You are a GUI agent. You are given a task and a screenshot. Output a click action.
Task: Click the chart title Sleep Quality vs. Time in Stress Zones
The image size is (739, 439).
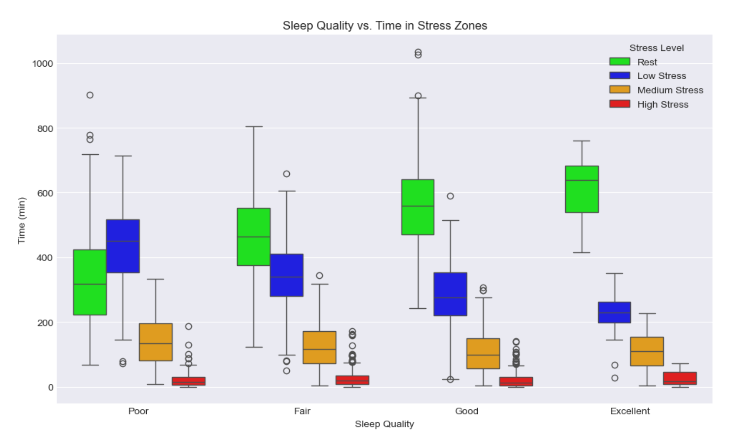[385, 26]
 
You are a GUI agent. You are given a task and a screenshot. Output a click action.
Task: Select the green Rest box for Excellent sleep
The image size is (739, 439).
[582, 189]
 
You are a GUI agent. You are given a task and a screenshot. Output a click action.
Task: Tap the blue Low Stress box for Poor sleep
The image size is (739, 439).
[123, 246]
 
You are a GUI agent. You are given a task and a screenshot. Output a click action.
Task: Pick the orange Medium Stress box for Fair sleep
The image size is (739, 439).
[319, 348]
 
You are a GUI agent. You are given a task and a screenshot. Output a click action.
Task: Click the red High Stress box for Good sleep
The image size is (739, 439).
[516, 382]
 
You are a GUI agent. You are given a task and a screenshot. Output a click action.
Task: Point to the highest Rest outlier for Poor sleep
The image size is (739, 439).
[90, 95]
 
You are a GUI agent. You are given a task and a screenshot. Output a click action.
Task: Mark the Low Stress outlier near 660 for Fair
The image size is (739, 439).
[286, 174]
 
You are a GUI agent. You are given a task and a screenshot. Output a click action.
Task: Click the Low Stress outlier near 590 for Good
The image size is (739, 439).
[450, 196]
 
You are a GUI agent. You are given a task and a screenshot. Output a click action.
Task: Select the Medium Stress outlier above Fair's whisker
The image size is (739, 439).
[319, 275]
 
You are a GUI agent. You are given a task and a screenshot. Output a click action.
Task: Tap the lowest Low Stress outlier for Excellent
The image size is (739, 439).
[614, 378]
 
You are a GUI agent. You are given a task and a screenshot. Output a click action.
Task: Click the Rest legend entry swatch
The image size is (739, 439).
[620, 61]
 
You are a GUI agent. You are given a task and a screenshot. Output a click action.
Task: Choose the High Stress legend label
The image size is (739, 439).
[663, 105]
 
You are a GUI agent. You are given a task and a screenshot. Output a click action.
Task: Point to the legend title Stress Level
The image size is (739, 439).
[656, 48]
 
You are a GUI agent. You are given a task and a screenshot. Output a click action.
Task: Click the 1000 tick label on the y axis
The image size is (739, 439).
[42, 64]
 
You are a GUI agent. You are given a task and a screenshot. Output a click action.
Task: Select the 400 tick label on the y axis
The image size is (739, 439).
[45, 258]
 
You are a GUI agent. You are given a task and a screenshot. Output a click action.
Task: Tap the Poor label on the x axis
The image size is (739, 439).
[138, 411]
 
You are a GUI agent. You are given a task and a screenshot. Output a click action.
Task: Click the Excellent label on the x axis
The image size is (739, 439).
[630, 411]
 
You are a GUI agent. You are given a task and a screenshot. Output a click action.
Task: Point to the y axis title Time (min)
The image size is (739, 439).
[21, 220]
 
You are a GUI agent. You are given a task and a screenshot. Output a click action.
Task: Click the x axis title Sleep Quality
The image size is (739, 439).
[384, 424]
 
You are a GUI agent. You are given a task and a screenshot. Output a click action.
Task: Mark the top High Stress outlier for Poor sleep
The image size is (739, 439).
[188, 326]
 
